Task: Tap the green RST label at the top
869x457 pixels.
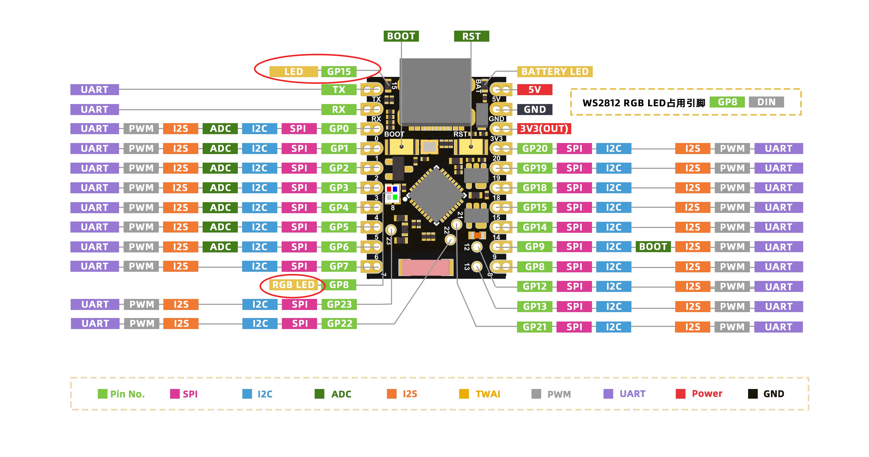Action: pos(471,36)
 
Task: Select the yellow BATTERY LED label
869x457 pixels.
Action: pos(555,72)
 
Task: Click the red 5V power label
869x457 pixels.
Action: pos(534,90)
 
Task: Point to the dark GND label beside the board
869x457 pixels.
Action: pos(534,109)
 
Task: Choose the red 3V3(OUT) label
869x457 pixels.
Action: pos(544,128)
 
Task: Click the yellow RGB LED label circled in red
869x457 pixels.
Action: pos(293,285)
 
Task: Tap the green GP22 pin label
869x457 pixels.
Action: pos(339,324)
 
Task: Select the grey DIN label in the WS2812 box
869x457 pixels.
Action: pos(766,102)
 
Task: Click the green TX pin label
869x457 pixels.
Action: pos(339,90)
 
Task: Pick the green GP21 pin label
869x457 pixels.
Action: pos(534,327)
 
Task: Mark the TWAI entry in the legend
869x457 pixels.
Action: pos(481,394)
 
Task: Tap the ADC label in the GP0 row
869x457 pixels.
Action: pos(220,128)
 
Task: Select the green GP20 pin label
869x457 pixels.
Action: pos(534,148)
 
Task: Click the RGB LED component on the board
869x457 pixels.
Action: pos(392,193)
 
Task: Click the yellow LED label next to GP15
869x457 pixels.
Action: pos(293,72)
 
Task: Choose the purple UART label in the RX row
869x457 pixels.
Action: pos(95,109)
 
